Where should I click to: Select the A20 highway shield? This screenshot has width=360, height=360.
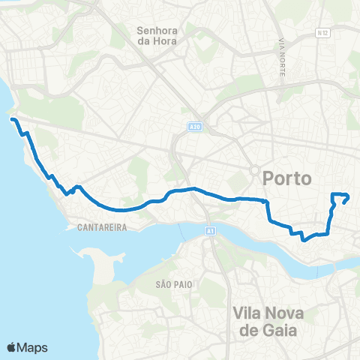(x=194, y=127)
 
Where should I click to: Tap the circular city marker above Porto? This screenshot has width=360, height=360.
(x=255, y=169)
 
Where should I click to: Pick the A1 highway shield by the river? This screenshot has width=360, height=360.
(x=209, y=232)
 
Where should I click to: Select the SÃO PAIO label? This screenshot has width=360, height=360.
(x=170, y=285)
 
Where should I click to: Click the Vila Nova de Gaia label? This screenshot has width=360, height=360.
(x=266, y=321)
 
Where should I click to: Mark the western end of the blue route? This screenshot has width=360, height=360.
(x=11, y=118)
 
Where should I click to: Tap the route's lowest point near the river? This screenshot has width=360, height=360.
(x=304, y=240)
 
